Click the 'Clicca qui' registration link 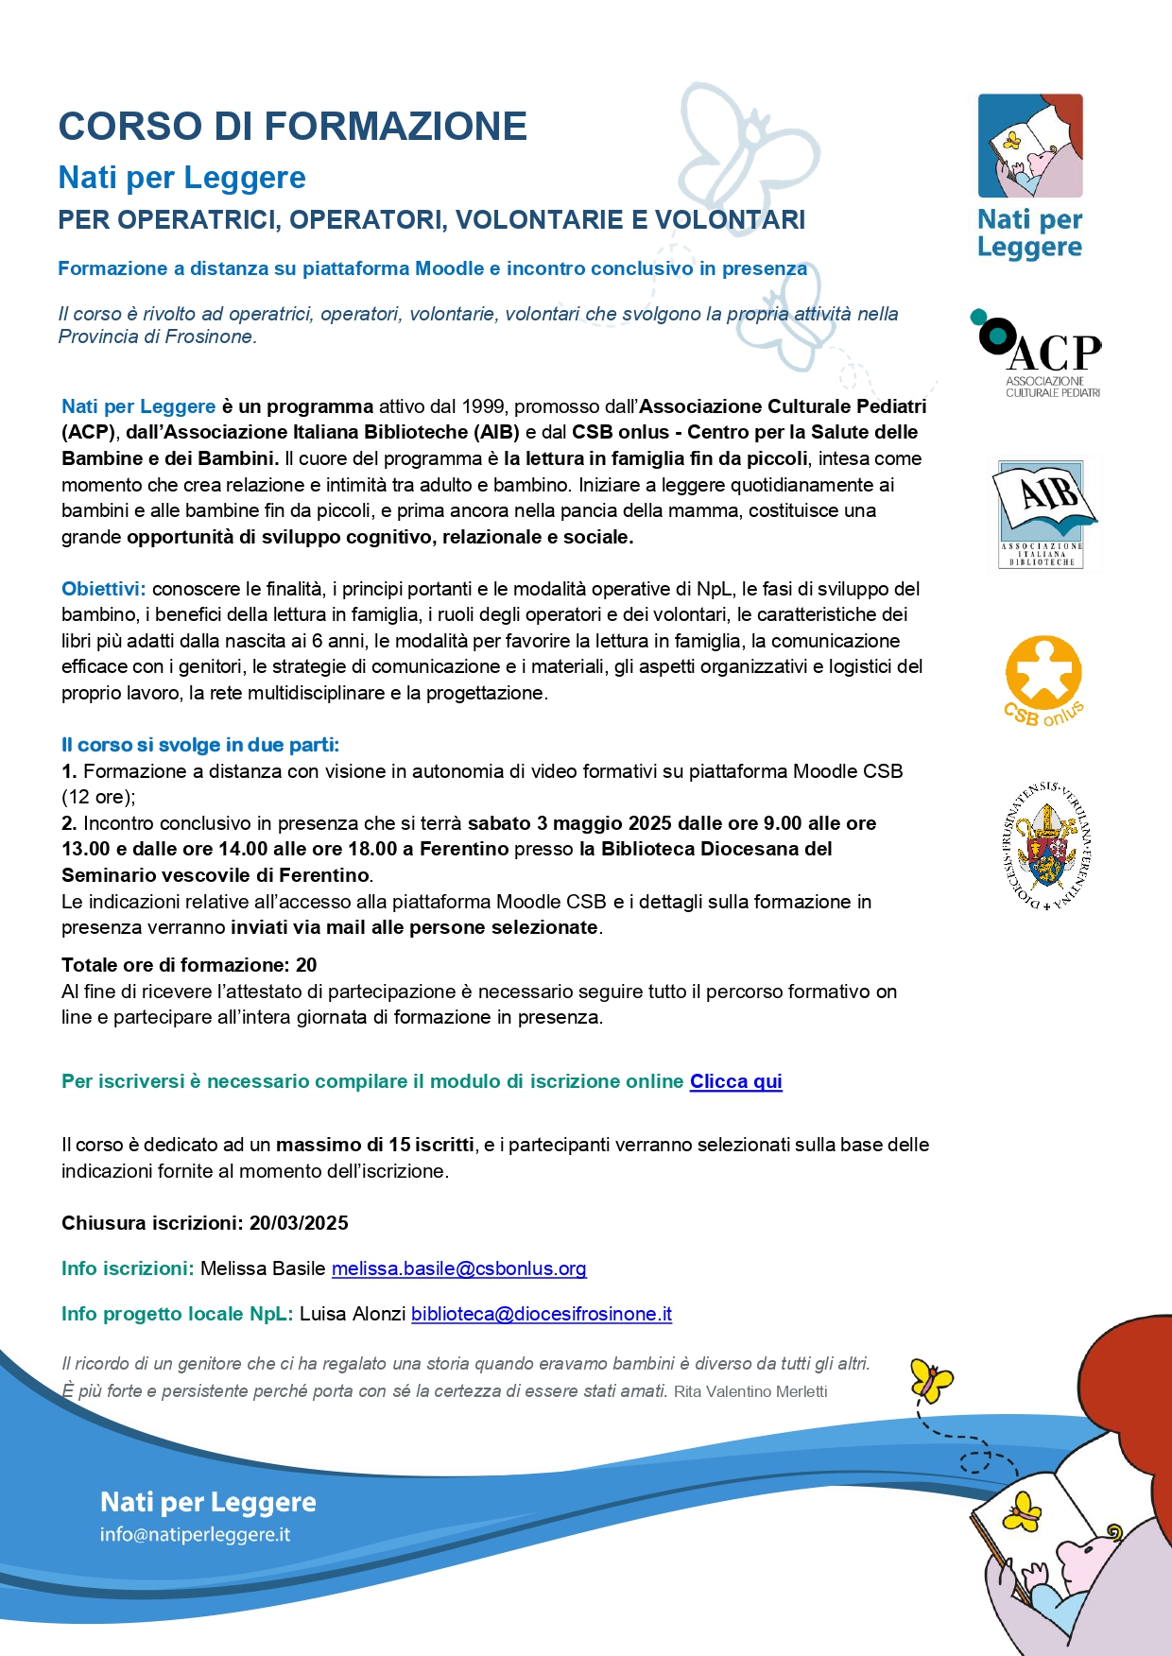coord(735,1081)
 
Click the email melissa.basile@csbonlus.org coord(458,1268)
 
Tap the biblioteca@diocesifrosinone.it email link coord(542,1314)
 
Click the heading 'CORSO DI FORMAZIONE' coord(293,127)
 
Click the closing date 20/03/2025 coord(299,1223)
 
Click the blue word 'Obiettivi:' coord(103,589)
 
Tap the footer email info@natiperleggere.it coord(195,1534)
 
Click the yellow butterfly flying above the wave coord(931,1381)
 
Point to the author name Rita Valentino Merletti coord(750,1391)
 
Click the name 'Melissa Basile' coord(263,1268)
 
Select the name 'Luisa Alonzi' coord(353,1314)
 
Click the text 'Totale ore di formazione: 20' coord(189,965)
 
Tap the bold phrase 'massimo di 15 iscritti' coord(375,1145)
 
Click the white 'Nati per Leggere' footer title coord(208,1502)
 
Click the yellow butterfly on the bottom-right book coord(1022,1511)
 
